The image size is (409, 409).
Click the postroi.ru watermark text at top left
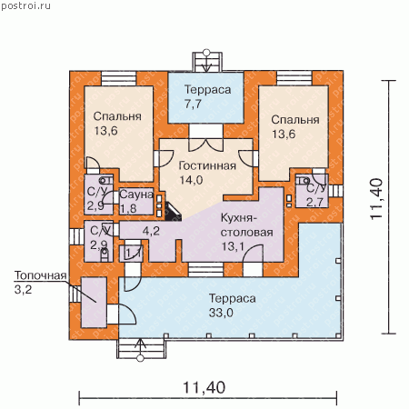tap(25, 5)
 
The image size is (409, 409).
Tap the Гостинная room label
tap(207, 165)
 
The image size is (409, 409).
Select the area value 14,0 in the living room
tap(191, 180)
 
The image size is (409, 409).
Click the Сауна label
tap(136, 195)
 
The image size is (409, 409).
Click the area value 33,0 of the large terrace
tap(221, 313)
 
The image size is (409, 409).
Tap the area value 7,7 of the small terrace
tap(193, 104)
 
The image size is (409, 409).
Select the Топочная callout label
tap(40, 275)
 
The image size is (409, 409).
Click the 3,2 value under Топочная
tap(23, 290)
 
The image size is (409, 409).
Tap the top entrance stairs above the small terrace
tap(207, 62)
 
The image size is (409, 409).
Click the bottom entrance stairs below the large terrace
tap(141, 349)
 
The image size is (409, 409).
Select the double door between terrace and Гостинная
tap(206, 138)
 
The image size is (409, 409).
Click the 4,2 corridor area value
tap(151, 231)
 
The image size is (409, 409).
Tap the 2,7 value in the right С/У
tap(314, 202)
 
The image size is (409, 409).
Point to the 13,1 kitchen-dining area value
tap(233, 246)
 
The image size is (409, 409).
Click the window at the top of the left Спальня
tap(119, 78)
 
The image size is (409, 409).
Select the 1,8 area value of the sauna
tap(128, 208)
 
